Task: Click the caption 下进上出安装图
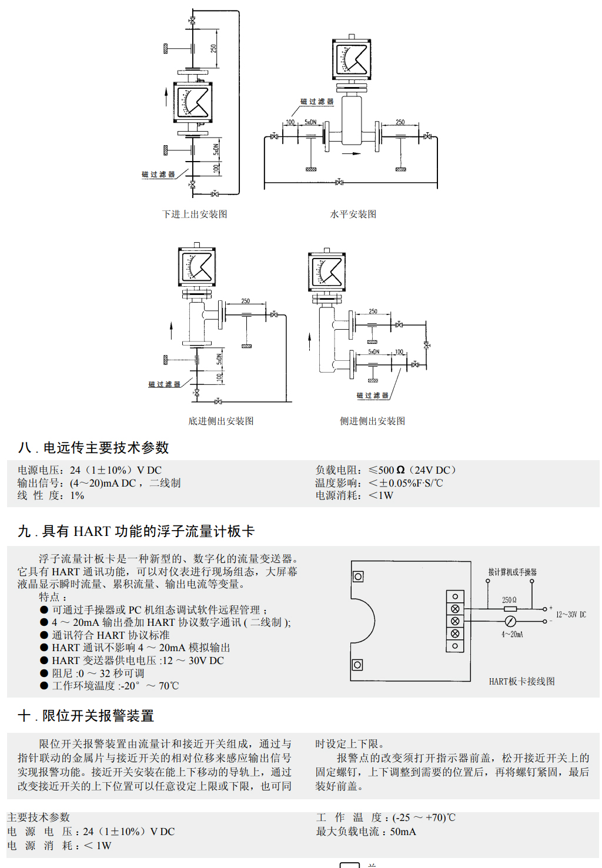click(195, 214)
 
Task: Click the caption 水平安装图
click(353, 214)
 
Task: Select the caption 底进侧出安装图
click(220, 421)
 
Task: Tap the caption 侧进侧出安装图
click(372, 421)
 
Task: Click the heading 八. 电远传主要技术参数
click(93, 448)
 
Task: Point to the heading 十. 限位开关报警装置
click(86, 716)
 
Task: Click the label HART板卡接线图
click(521, 681)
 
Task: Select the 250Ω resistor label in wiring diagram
click(509, 600)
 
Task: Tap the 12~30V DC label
click(571, 615)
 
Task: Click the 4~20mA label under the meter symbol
click(512, 634)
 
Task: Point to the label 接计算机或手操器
click(512, 572)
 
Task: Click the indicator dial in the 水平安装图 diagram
click(352, 59)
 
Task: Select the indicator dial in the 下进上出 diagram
click(192, 102)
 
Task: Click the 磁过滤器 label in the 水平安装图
click(317, 102)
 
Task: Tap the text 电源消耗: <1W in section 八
click(354, 495)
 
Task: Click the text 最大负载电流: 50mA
click(366, 832)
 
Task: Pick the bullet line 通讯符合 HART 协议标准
click(111, 635)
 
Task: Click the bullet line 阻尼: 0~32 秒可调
click(98, 673)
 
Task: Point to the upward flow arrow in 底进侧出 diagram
click(172, 330)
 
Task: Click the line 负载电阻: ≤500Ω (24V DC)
click(385, 470)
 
